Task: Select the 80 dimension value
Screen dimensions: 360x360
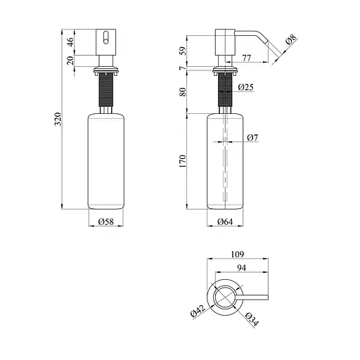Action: point(183,91)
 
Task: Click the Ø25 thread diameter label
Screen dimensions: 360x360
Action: point(245,88)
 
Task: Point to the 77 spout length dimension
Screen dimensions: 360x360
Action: point(247,58)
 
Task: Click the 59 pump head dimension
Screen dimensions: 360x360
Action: point(183,51)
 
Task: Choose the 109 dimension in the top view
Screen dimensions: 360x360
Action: point(237,254)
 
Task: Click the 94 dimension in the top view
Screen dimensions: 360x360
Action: point(241,269)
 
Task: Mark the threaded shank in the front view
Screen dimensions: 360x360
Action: point(105,91)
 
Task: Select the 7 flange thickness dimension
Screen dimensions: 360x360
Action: point(183,68)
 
